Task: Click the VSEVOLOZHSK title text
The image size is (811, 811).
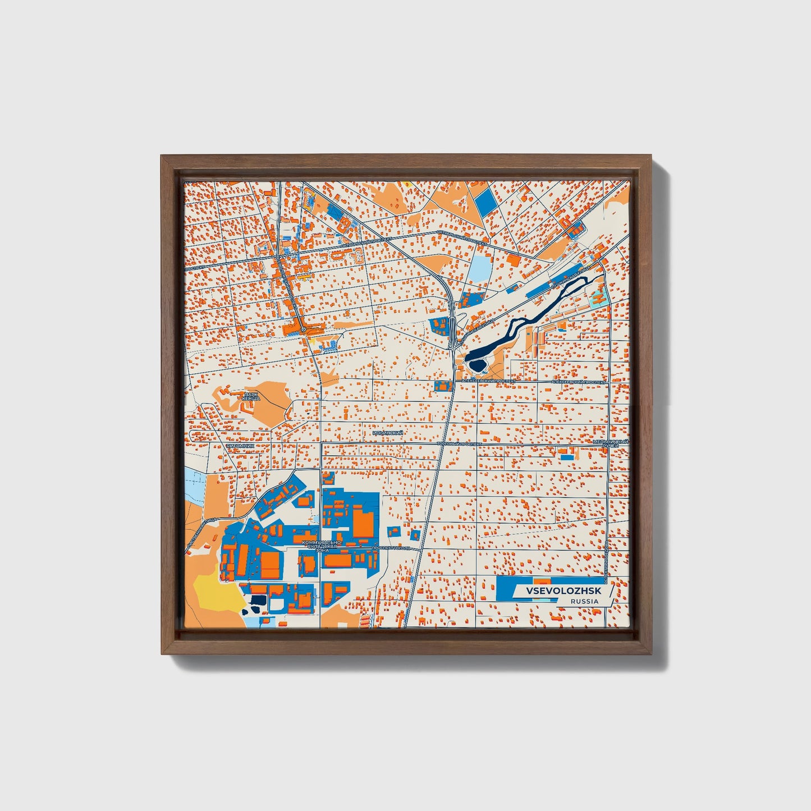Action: tap(563, 592)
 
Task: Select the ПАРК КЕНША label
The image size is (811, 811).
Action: tap(251, 396)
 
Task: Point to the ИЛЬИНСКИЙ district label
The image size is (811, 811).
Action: tap(387, 433)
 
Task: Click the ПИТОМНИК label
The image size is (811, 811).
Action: tap(240, 446)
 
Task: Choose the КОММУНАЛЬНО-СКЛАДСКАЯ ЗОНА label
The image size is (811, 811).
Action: tap(322, 546)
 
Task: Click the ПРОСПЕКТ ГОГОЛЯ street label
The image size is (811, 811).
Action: tap(392, 547)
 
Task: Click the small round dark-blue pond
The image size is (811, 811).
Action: tap(478, 366)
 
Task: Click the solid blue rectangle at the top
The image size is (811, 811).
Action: tap(486, 201)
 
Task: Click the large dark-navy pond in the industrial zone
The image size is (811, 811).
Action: tap(258, 601)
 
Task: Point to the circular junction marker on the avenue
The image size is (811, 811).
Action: tap(303, 329)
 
